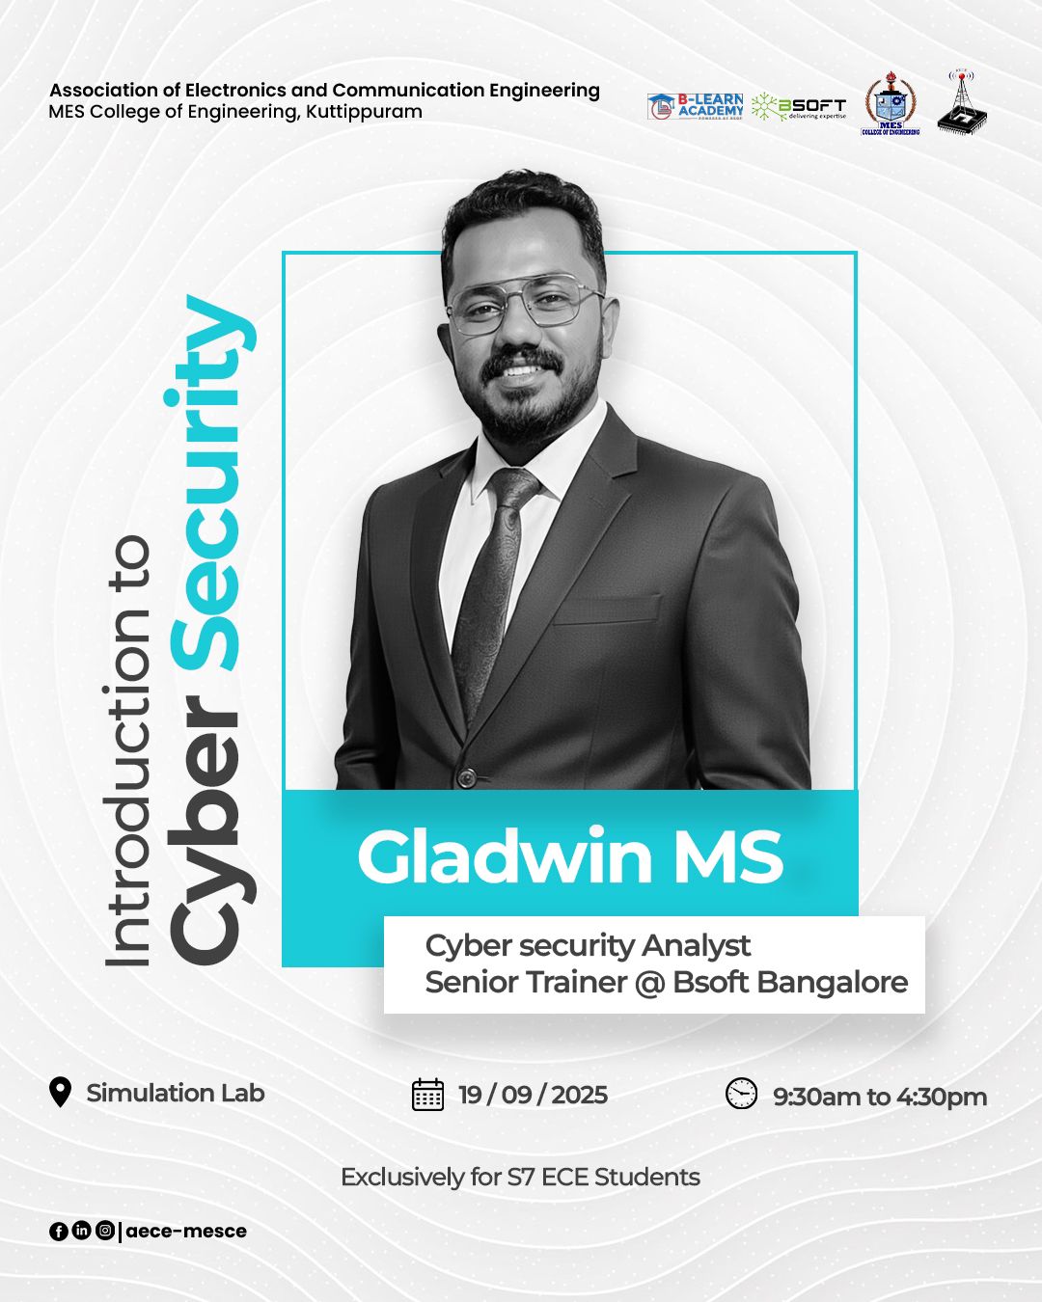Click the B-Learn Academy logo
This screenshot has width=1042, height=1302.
(x=695, y=106)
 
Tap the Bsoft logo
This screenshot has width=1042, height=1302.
(x=799, y=107)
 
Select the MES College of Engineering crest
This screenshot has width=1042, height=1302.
(x=890, y=104)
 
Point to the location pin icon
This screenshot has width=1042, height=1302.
(x=60, y=1093)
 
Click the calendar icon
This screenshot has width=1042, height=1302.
(x=427, y=1095)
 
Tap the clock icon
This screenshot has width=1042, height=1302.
(x=741, y=1094)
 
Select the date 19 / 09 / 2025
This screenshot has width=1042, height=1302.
(x=533, y=1095)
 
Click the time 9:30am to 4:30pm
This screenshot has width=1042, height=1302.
(x=879, y=1097)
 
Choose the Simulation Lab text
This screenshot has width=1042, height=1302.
(x=175, y=1093)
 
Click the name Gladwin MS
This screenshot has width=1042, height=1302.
(x=569, y=855)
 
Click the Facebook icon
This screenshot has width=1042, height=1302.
(x=58, y=1231)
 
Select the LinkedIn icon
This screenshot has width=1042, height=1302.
(x=81, y=1231)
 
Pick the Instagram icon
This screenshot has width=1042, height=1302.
(x=104, y=1231)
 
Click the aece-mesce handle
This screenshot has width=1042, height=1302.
(x=186, y=1231)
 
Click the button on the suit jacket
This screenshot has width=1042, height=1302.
(x=467, y=776)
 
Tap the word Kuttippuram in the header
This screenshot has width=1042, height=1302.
(x=364, y=112)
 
